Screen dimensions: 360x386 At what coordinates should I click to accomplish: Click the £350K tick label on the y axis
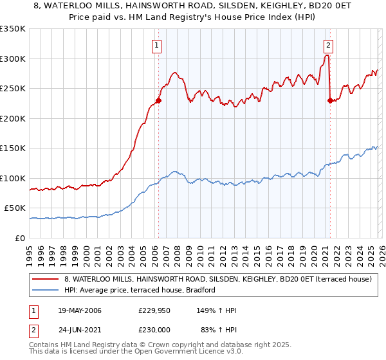point(12,29)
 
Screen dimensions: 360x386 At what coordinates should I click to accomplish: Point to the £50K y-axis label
point(14,208)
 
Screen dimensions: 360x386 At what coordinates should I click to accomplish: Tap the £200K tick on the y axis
point(12,118)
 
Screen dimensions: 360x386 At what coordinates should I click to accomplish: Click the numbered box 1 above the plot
point(158,45)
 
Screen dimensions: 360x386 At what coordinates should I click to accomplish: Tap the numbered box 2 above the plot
point(329,45)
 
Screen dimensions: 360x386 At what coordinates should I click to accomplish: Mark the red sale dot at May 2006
point(158,100)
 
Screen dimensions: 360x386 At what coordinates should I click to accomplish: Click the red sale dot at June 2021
point(330,100)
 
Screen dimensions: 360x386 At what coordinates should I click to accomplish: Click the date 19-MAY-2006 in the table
point(78,310)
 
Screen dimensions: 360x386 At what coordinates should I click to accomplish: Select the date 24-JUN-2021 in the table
point(78,328)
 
